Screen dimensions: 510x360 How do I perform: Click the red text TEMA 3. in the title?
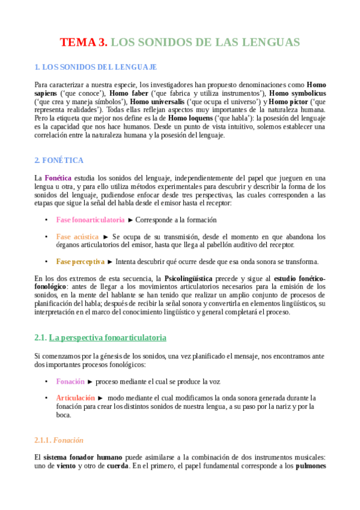tap(84, 42)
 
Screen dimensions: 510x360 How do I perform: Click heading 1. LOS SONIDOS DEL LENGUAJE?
tap(96, 67)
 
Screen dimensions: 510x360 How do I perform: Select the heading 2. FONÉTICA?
tap(59, 161)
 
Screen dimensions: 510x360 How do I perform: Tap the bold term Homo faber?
tap(128, 93)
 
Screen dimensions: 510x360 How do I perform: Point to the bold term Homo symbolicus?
tap(297, 93)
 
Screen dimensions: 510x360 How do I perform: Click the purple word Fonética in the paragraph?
tap(58, 178)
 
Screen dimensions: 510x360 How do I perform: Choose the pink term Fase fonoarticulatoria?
tap(91, 220)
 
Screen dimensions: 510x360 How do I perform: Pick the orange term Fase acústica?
tap(78, 237)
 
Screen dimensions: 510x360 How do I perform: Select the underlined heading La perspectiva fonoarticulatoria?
tap(108, 337)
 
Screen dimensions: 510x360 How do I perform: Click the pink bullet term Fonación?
tap(70, 382)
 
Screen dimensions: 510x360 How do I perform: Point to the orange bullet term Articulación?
tap(76, 398)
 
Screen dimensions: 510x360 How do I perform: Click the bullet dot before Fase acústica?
tap(47, 237)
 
